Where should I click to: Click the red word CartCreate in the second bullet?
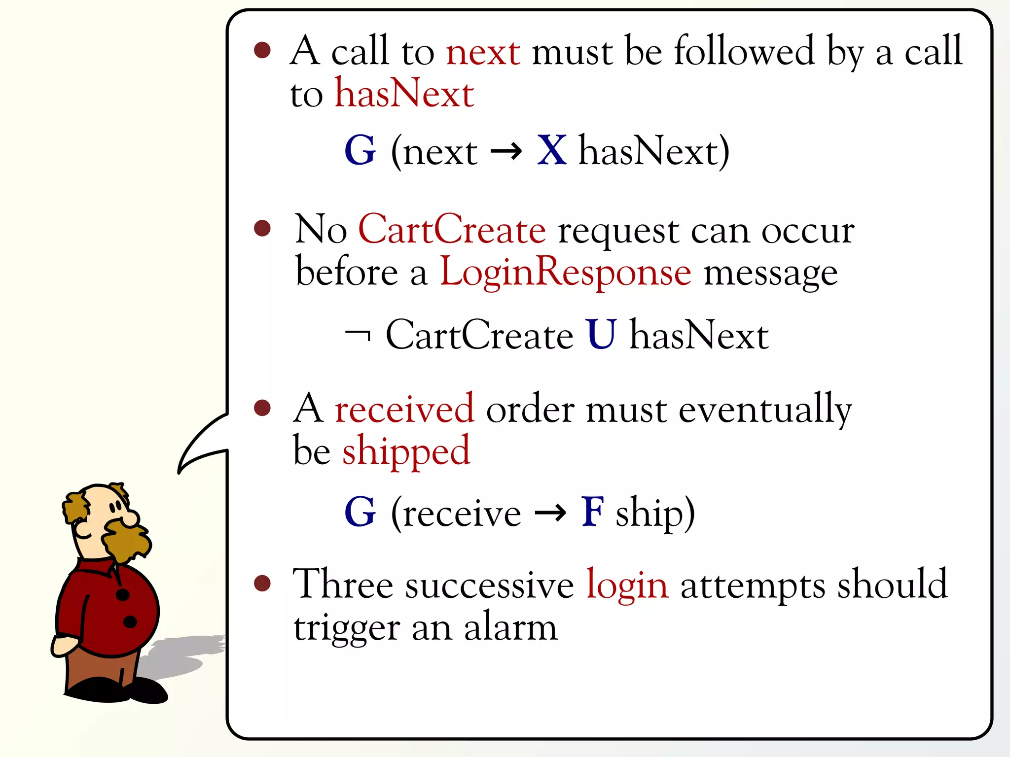click(452, 230)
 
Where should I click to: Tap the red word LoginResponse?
click(565, 272)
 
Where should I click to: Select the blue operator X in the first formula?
click(552, 150)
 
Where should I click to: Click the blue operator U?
click(601, 335)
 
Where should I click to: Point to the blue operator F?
click(592, 512)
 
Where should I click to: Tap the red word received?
click(404, 409)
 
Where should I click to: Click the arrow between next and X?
click(506, 151)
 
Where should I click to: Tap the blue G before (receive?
click(361, 512)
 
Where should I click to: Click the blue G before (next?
click(361, 150)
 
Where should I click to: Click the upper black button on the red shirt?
click(122, 595)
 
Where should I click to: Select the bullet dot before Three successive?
click(262, 584)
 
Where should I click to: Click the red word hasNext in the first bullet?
click(404, 93)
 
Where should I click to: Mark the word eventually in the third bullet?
click(765, 410)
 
